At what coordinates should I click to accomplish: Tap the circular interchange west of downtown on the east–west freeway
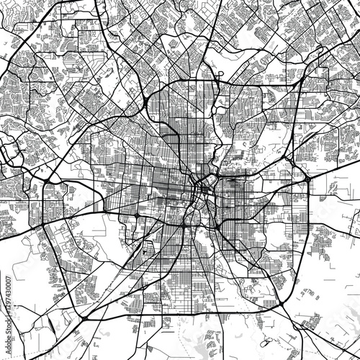pos(137,215)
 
